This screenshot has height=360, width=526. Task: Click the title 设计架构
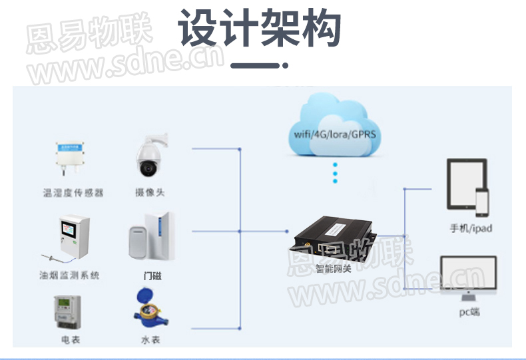click(260, 29)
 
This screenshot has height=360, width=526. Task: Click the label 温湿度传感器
click(73, 193)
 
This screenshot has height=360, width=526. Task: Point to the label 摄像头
click(150, 193)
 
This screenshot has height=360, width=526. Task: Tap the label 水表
click(150, 340)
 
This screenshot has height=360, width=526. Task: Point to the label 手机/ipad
click(471, 228)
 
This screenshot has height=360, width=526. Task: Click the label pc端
click(469, 311)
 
